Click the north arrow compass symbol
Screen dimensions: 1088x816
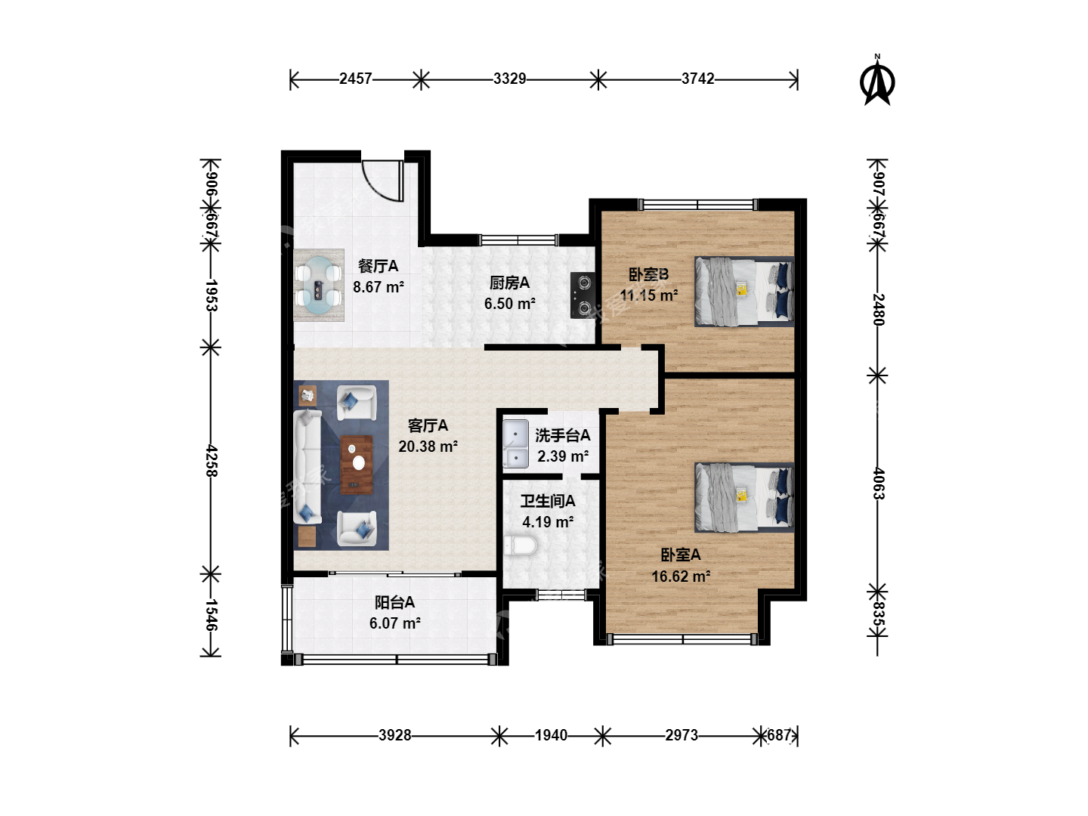click(x=877, y=80)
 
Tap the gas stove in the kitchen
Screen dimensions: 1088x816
click(x=583, y=295)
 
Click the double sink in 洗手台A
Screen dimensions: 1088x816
click(x=515, y=444)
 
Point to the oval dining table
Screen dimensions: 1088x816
click(x=318, y=286)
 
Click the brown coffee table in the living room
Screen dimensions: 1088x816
click(x=357, y=464)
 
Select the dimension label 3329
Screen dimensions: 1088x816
click(x=509, y=79)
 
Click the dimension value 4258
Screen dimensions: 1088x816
click(x=211, y=461)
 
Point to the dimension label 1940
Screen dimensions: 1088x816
click(x=551, y=735)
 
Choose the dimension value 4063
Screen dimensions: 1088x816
click(x=878, y=484)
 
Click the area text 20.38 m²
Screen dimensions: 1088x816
click(x=428, y=447)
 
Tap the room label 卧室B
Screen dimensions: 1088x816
click(x=648, y=274)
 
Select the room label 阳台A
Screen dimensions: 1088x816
click(x=394, y=602)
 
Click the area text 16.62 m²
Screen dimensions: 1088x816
click(x=681, y=576)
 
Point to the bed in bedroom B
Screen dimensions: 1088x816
click(x=744, y=292)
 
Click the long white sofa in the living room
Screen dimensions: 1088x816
click(x=308, y=466)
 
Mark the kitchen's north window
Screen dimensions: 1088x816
click(x=518, y=240)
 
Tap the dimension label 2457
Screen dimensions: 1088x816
click(x=355, y=79)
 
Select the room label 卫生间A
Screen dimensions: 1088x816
click(x=548, y=502)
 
